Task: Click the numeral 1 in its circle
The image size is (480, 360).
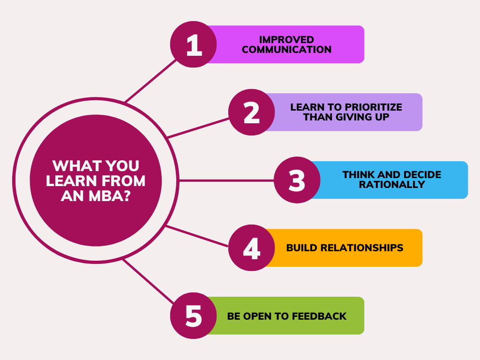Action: tap(194, 45)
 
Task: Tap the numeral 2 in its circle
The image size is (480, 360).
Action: tap(252, 112)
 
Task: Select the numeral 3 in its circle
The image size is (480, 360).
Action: tap(297, 180)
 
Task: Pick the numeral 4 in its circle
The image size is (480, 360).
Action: tap(252, 248)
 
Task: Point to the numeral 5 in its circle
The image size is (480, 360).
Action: tap(194, 315)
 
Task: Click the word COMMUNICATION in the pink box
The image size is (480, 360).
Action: tap(286, 50)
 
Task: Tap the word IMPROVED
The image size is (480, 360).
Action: tap(286, 39)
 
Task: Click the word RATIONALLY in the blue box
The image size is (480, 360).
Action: tap(392, 185)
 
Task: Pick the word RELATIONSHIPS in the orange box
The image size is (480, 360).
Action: tap(362, 247)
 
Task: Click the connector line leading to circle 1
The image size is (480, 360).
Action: tap(150, 81)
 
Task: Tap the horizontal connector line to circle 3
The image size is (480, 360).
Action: tap(226, 181)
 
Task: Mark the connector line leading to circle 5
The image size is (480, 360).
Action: tap(149, 281)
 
